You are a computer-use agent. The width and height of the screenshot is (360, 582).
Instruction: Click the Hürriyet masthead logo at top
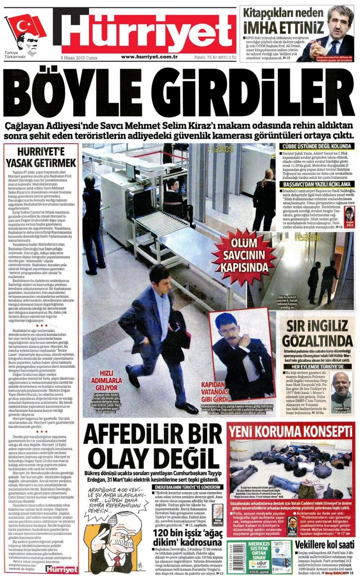148,31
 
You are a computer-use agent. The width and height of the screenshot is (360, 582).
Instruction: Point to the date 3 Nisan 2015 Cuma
79,58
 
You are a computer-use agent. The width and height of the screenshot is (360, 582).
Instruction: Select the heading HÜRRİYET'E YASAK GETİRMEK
41,157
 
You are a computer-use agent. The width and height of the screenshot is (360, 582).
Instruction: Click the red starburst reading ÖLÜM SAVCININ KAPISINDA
244,256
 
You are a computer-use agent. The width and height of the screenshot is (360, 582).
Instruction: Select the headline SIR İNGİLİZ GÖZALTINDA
318,334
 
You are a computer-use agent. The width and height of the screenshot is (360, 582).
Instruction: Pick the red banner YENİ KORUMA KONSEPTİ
291,432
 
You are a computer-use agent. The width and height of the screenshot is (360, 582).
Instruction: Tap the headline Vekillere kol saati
324,545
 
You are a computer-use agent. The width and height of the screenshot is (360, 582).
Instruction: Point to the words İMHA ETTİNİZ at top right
283,28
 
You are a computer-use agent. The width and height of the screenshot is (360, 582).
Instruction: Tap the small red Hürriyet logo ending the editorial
62,569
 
